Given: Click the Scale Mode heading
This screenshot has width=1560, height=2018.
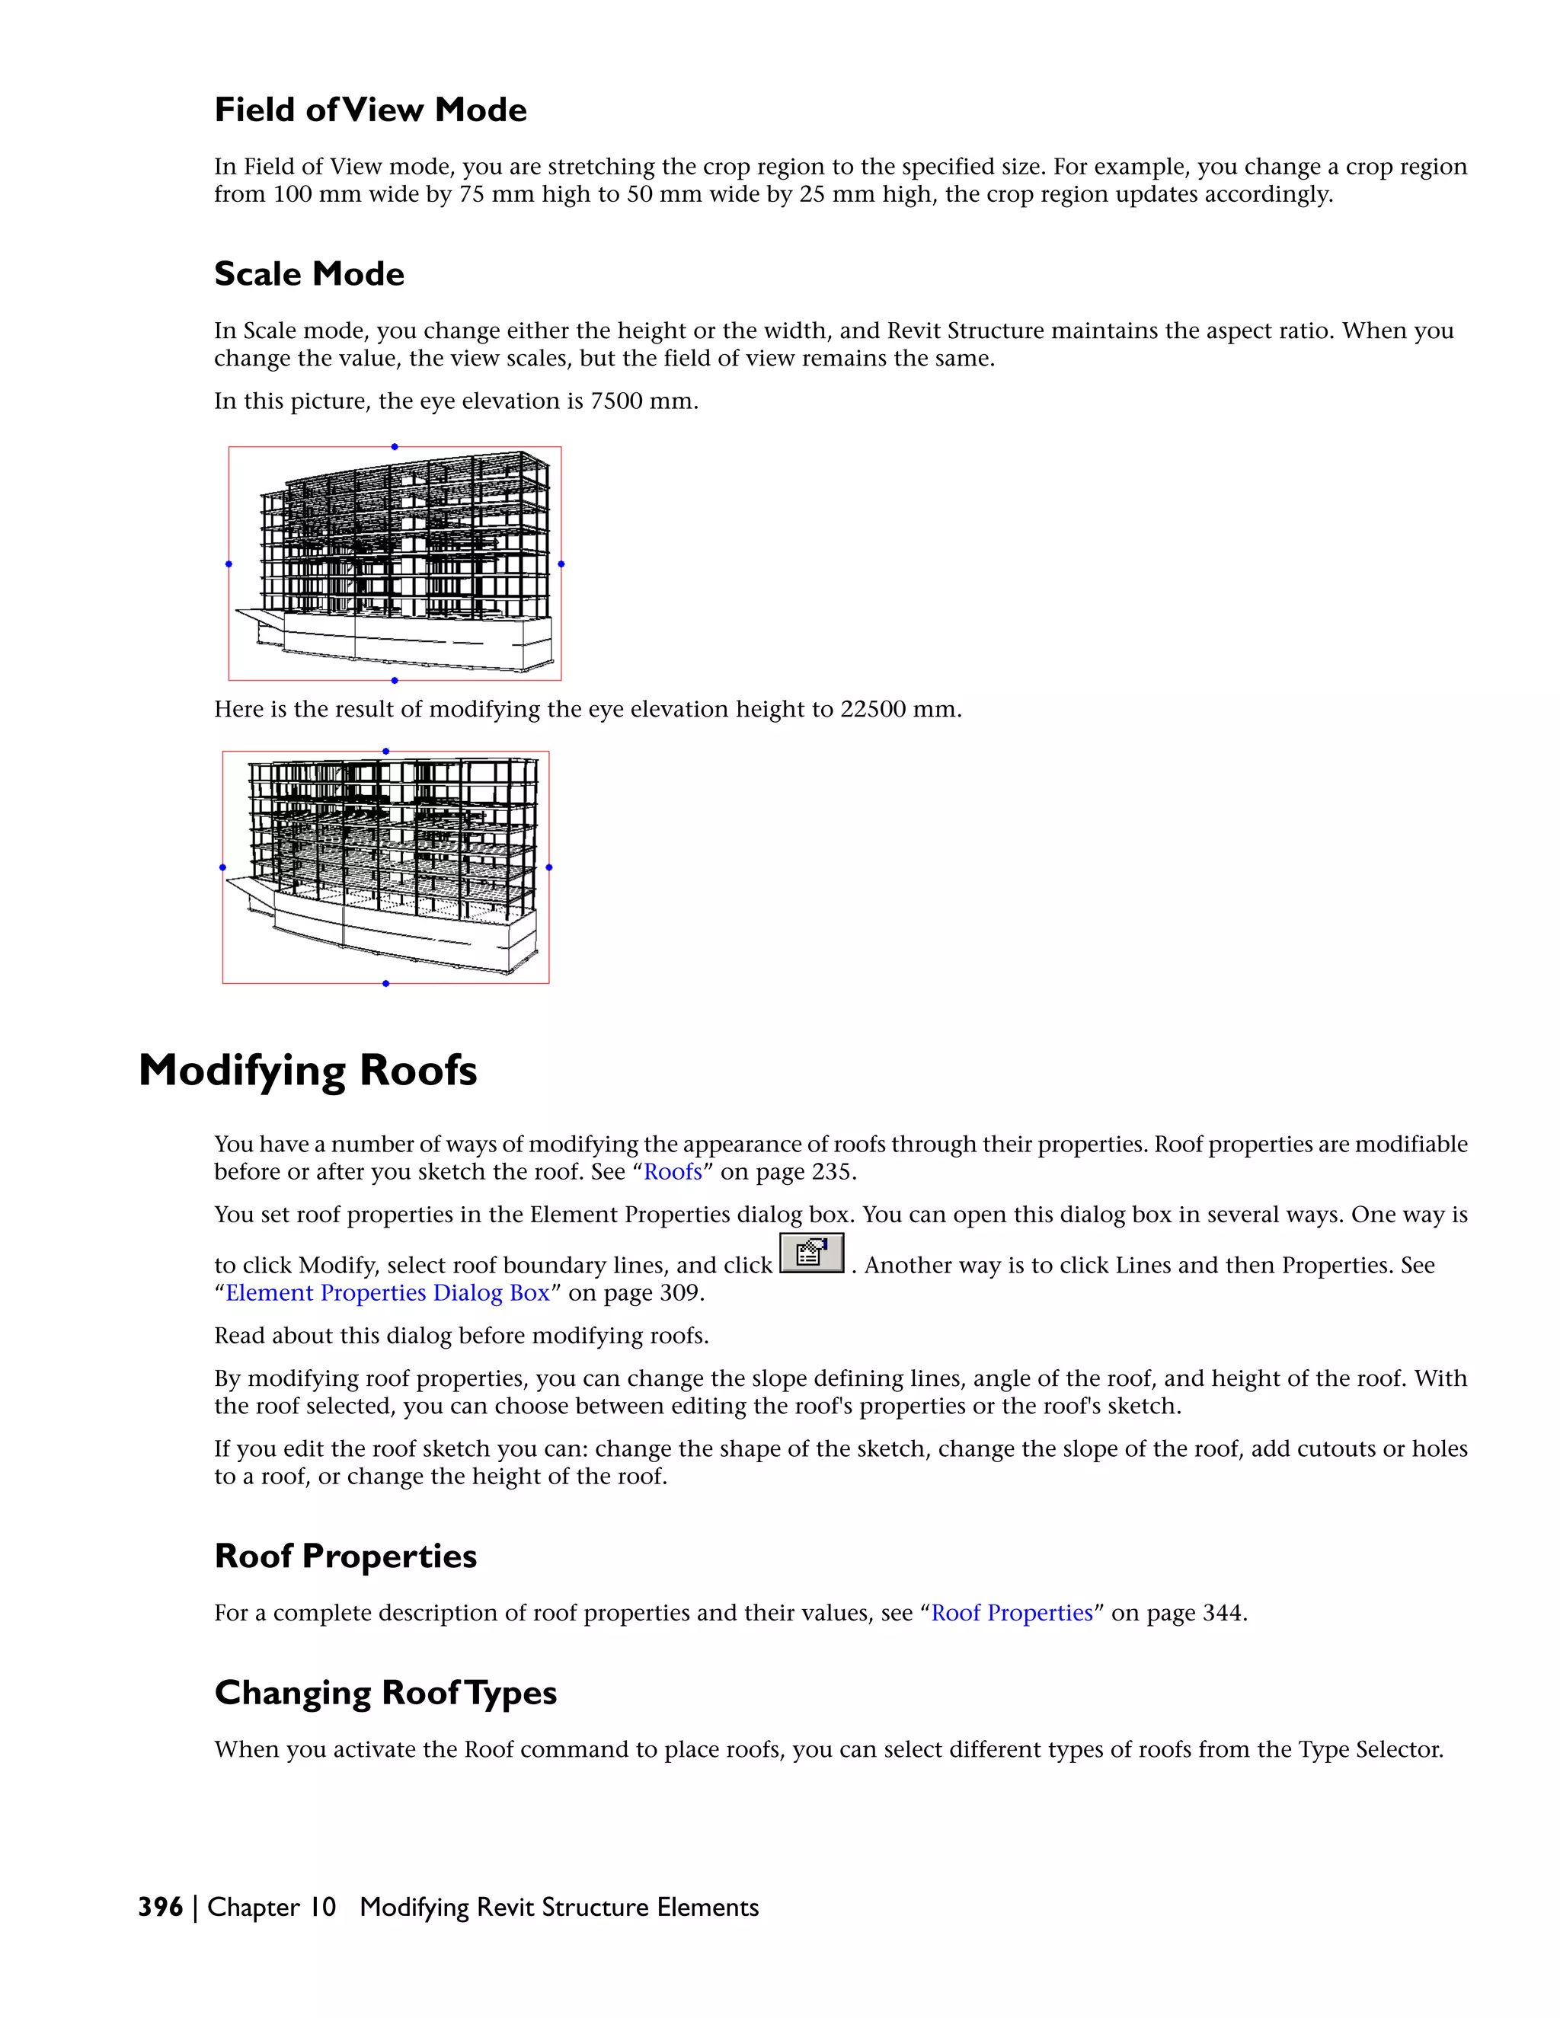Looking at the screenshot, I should [308, 274].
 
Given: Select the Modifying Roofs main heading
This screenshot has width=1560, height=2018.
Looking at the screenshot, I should [307, 1070].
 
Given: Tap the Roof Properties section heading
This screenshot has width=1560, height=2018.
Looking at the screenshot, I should [345, 1556].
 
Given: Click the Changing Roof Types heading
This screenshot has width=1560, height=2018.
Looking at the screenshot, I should [385, 1693].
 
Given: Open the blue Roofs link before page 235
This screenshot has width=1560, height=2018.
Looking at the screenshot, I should [673, 1172].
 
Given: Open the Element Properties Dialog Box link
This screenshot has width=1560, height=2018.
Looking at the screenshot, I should [387, 1293].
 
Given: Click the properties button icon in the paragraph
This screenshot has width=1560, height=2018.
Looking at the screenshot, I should [811, 1254].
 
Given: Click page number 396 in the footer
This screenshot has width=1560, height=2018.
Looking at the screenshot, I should [160, 1907].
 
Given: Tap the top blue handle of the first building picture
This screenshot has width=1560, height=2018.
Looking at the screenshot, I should [395, 446].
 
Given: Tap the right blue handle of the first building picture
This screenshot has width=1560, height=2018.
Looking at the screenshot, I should [561, 564].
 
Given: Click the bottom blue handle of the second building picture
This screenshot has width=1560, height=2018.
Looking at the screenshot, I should [385, 983].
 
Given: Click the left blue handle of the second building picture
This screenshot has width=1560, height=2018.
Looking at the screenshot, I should [222, 867].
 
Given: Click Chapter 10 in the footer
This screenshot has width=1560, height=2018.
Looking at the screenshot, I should [272, 1907].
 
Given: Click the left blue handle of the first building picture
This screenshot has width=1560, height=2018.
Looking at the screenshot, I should [229, 564].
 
